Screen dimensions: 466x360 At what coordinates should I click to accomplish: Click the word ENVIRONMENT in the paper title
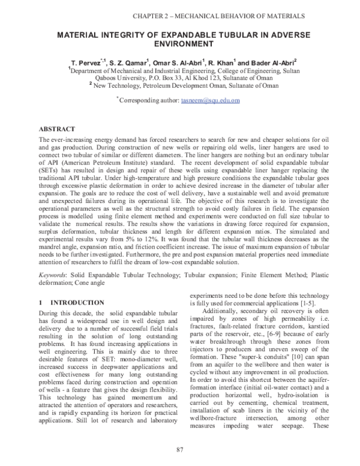[x=179, y=44]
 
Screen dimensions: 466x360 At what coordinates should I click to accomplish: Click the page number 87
[x=179, y=449]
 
